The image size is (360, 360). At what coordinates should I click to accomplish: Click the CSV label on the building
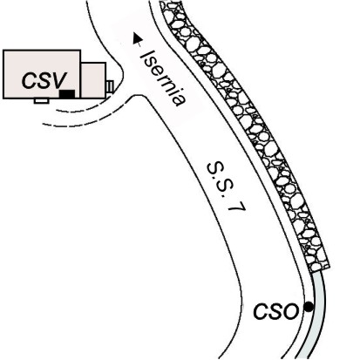pos(44,80)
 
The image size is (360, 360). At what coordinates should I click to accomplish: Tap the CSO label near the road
pos(276,311)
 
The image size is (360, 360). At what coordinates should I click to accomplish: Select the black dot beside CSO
pos(309,307)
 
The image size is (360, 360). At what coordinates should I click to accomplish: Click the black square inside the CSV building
pos(67,94)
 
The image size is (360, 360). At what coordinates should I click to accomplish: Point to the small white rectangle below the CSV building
pos(41,100)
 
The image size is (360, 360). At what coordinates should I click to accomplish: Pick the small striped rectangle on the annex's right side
pos(110,87)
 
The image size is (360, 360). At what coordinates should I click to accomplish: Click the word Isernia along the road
pos(163,78)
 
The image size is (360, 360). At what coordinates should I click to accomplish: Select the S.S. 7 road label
pos(227,187)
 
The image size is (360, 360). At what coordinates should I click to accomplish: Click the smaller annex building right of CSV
pos(93,80)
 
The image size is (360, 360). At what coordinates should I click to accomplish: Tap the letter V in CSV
pos(59,80)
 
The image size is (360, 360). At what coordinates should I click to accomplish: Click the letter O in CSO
pos(291,312)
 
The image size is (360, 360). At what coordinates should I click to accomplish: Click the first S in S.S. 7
pos(213,168)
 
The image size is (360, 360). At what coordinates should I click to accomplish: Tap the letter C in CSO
pos(261,311)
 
